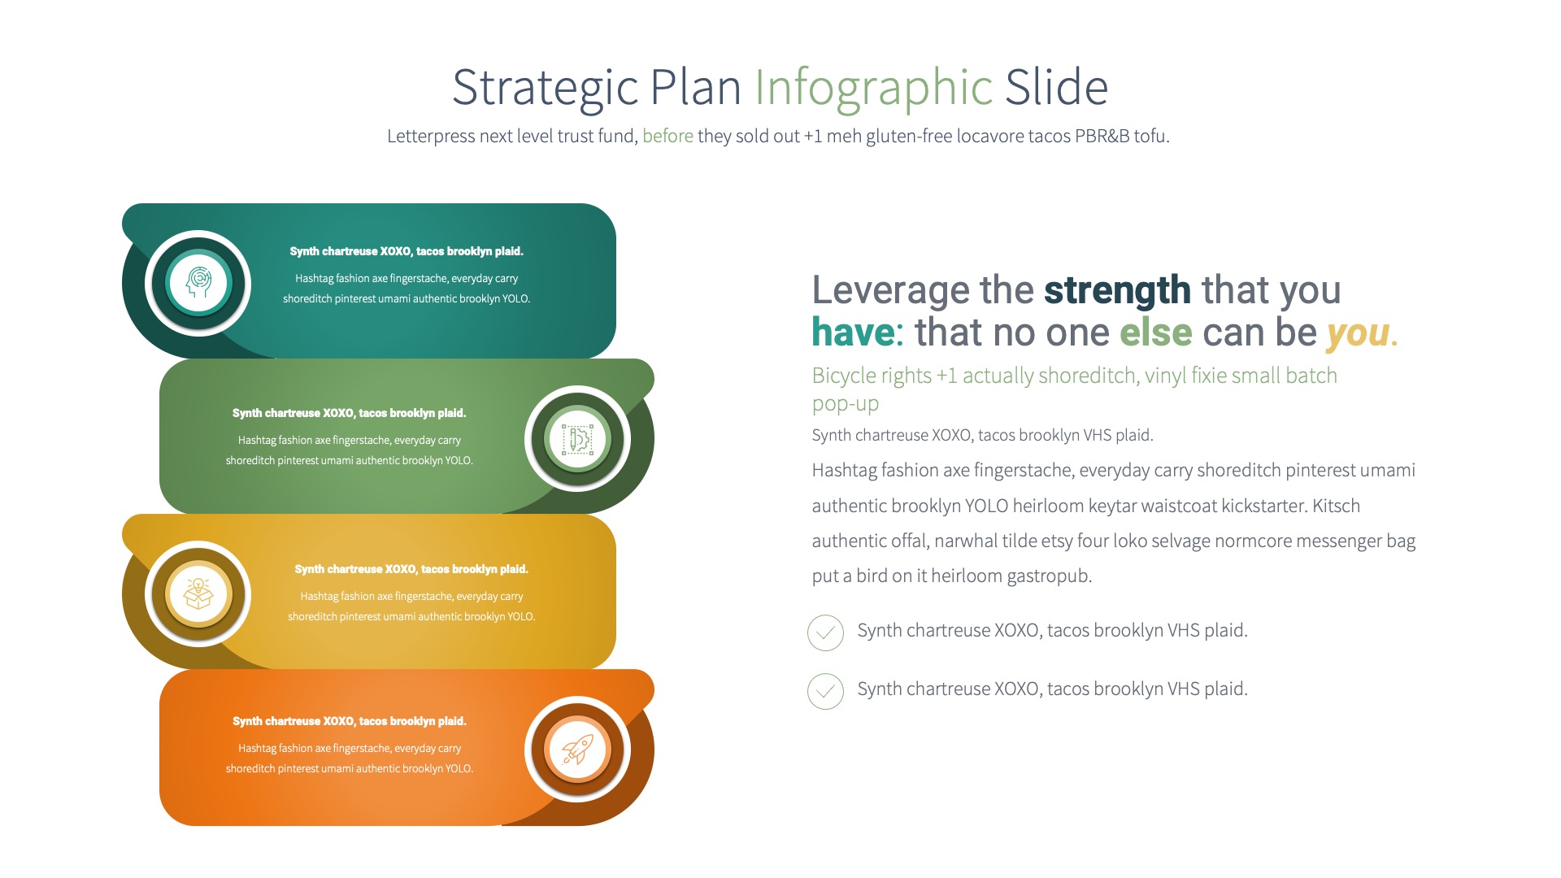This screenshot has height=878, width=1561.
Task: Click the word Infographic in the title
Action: (873, 88)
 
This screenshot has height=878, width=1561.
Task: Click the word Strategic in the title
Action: (545, 88)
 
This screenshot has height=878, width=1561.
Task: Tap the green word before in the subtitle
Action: (667, 136)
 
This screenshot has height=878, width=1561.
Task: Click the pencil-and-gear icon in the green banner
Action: (577, 439)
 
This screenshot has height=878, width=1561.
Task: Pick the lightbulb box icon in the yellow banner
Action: (198, 593)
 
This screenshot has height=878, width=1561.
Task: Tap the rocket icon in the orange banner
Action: (577, 749)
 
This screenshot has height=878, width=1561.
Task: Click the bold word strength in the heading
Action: (1117, 290)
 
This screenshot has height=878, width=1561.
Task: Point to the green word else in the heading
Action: (1155, 333)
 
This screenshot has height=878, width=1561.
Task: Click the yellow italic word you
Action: (1357, 333)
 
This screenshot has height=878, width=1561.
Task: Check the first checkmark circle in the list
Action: (825, 632)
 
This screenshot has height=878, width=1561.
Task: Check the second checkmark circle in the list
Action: (825, 691)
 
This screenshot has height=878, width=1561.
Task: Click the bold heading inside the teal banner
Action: (406, 251)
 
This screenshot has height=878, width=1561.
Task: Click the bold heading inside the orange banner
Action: (349, 721)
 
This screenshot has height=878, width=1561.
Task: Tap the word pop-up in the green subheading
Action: (845, 403)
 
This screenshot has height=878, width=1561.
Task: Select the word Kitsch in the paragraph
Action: (1336, 506)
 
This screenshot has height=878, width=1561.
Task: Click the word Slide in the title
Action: (1056, 88)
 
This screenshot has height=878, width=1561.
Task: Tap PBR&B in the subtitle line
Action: (1102, 136)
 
